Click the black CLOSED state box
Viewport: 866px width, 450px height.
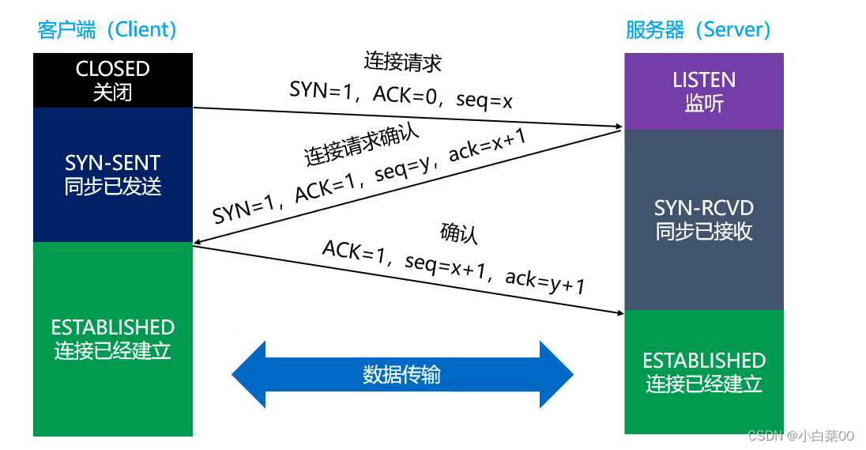click(113, 80)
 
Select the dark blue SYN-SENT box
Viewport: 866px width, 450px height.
click(113, 175)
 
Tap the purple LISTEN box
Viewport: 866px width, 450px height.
click(703, 91)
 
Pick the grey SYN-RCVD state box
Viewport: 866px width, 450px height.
click(703, 220)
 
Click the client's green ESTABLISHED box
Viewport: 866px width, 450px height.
click(113, 338)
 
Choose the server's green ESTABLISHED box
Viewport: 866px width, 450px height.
click(703, 372)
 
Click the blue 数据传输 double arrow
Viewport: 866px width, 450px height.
click(402, 374)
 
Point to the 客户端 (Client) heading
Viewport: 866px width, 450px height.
click(107, 29)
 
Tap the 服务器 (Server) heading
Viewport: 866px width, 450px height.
click(698, 29)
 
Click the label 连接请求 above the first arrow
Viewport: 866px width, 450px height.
click(403, 62)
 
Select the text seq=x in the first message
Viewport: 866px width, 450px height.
click(484, 100)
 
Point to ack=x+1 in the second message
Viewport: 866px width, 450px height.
click(487, 146)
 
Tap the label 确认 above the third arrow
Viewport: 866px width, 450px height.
click(458, 233)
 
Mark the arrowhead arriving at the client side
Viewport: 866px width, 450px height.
click(198, 241)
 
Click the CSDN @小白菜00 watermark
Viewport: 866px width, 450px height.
click(801, 436)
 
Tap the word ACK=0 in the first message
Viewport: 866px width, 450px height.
click(405, 95)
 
